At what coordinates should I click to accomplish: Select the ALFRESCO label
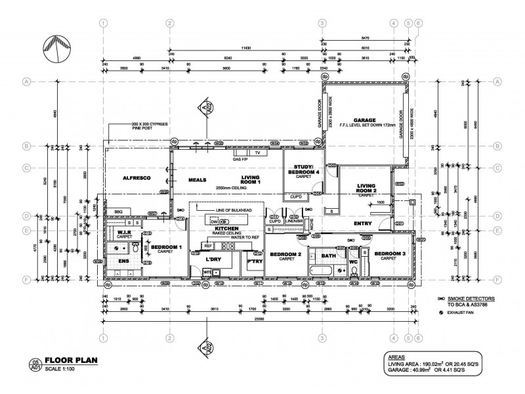[x=136, y=178]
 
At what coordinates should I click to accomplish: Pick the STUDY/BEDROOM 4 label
[x=303, y=169]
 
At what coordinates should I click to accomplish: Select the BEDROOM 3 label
[x=390, y=253]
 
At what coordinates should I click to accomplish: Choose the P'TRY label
[x=254, y=261]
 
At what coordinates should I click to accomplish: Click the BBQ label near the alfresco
[x=118, y=211]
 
